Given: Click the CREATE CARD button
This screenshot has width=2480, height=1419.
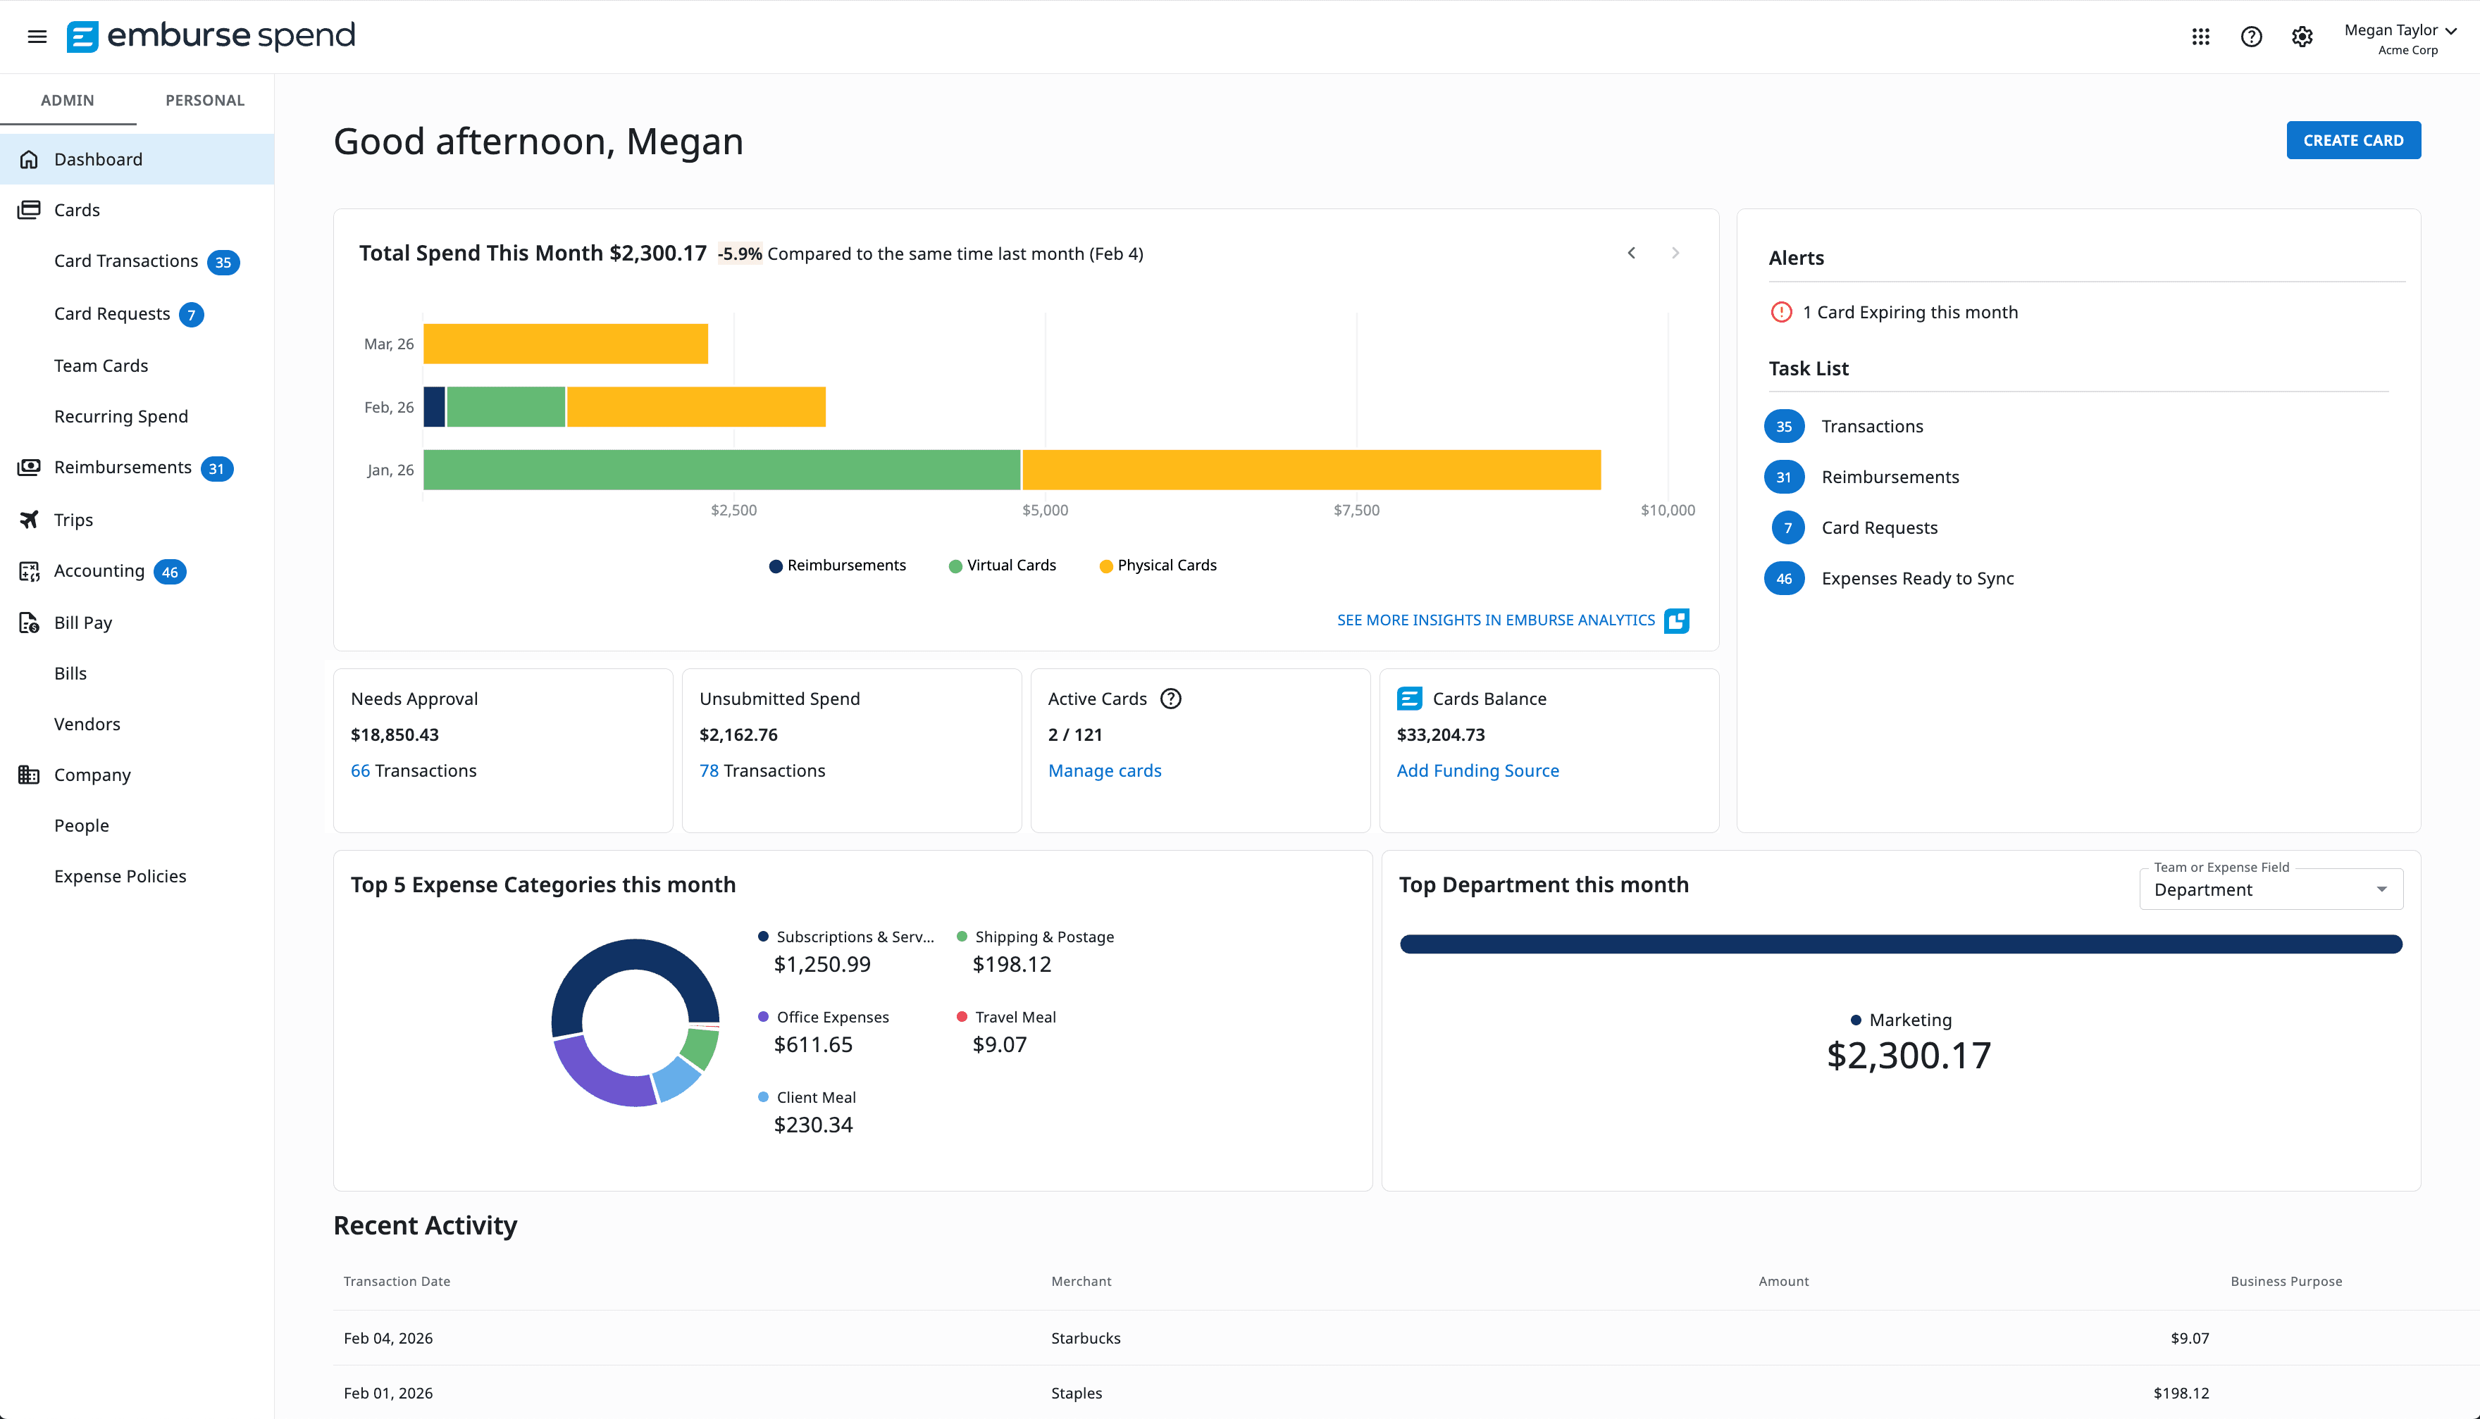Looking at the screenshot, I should click(2352, 140).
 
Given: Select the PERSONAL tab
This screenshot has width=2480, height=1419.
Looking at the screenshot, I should click(205, 101).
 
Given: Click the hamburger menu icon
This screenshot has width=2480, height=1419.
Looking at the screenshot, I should click(37, 37).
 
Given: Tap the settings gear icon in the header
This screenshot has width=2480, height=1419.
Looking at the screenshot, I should click(2302, 37).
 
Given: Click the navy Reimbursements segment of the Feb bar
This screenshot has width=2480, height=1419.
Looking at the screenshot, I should click(434, 407).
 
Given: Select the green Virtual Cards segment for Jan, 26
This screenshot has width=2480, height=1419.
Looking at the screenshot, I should click(721, 470).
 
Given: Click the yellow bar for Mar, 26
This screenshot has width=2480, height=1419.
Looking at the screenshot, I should click(566, 344).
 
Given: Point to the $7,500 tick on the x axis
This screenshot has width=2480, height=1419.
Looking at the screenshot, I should click(1356, 510).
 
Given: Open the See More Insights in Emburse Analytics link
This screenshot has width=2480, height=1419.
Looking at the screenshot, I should click(1496, 620).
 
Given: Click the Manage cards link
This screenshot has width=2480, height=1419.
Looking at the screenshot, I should click(1105, 771).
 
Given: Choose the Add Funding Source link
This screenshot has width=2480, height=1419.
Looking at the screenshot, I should click(1477, 771).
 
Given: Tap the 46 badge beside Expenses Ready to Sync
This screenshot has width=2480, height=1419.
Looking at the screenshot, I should click(1783, 579).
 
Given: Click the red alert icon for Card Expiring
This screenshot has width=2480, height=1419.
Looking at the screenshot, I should click(1781, 313).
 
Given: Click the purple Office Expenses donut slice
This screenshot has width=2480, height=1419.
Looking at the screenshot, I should click(597, 1077).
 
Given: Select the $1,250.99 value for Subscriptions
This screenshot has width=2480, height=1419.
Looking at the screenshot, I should click(821, 965).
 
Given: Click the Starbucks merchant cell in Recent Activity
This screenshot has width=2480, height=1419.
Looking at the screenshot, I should click(1085, 1338).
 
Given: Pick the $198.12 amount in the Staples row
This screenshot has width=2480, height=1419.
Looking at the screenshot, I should click(2181, 1394).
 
